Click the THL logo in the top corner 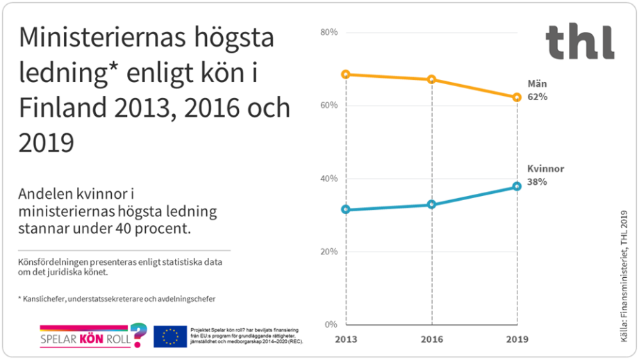579,42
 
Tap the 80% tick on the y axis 329,33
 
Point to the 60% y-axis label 329,106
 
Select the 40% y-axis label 329,179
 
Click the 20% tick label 329,252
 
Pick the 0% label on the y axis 331,325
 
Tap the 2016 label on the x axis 432,339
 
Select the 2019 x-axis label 517,339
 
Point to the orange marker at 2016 432,79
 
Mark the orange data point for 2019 517,97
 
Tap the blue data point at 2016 432,204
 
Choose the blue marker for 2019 517,186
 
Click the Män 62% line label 537,90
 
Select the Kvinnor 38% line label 545,175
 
